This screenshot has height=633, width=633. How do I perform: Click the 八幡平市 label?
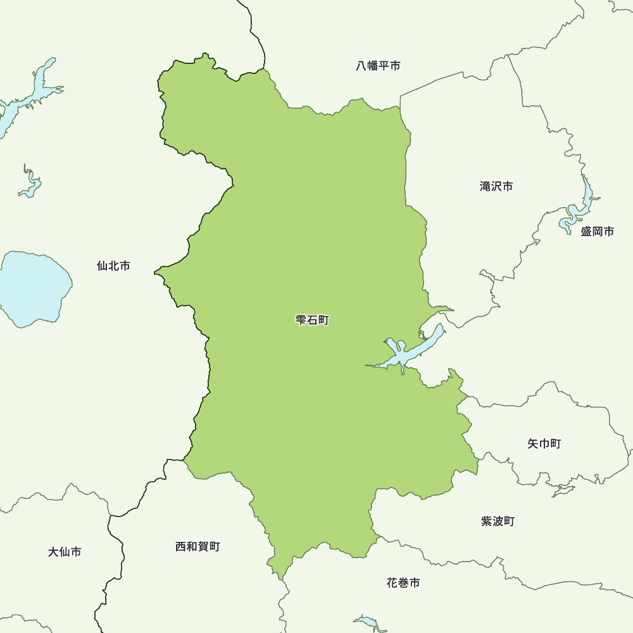(x=378, y=66)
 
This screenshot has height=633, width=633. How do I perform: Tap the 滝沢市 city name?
(x=496, y=187)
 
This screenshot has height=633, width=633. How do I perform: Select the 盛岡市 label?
(x=597, y=232)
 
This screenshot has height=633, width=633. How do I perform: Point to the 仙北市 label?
(x=113, y=266)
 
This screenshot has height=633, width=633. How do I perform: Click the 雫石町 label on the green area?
(x=312, y=321)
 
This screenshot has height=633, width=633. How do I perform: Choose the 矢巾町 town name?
(x=544, y=444)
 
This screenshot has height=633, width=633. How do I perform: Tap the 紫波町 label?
(x=498, y=522)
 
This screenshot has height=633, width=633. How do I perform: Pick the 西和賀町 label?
(x=197, y=546)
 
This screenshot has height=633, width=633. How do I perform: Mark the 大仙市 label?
(x=65, y=552)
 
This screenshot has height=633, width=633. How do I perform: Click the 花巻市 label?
(x=403, y=583)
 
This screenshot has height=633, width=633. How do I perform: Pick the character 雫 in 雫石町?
(x=301, y=321)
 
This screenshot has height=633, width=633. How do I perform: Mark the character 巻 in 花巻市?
(x=403, y=583)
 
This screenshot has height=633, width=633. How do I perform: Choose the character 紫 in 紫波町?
(x=487, y=522)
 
